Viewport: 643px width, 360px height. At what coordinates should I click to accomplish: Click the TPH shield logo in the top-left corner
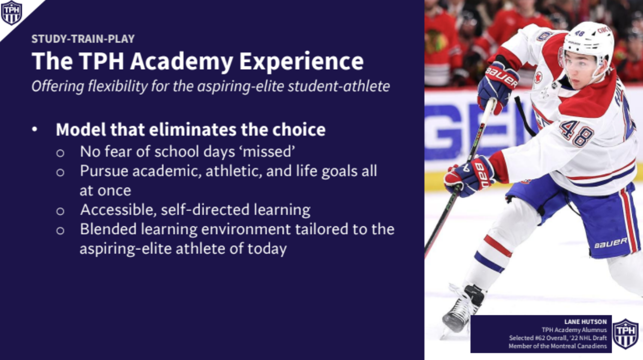tap(11, 13)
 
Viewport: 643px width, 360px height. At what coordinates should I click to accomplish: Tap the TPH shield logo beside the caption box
tap(626, 333)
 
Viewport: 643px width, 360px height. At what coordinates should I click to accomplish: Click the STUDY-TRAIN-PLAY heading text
tap(83, 39)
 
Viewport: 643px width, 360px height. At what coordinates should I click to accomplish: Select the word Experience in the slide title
tap(302, 61)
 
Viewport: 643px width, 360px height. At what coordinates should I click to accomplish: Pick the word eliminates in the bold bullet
tap(192, 130)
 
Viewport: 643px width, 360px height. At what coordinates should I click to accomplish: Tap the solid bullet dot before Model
tap(34, 130)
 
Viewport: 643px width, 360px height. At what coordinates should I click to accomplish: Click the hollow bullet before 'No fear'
tap(60, 153)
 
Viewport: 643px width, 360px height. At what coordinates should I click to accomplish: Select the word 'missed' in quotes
tap(269, 151)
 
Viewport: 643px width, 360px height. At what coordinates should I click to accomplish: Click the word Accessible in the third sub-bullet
tap(119, 210)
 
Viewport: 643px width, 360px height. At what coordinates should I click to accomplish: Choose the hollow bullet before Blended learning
tap(60, 230)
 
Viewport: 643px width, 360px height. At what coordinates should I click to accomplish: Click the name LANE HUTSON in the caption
tap(586, 322)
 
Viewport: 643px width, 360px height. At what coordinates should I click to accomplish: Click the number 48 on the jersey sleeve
tap(576, 133)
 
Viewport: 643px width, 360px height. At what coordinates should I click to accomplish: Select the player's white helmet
tap(588, 43)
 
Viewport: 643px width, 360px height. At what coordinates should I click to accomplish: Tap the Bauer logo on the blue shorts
tap(611, 243)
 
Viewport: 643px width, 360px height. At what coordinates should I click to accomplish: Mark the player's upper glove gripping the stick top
tap(498, 86)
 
